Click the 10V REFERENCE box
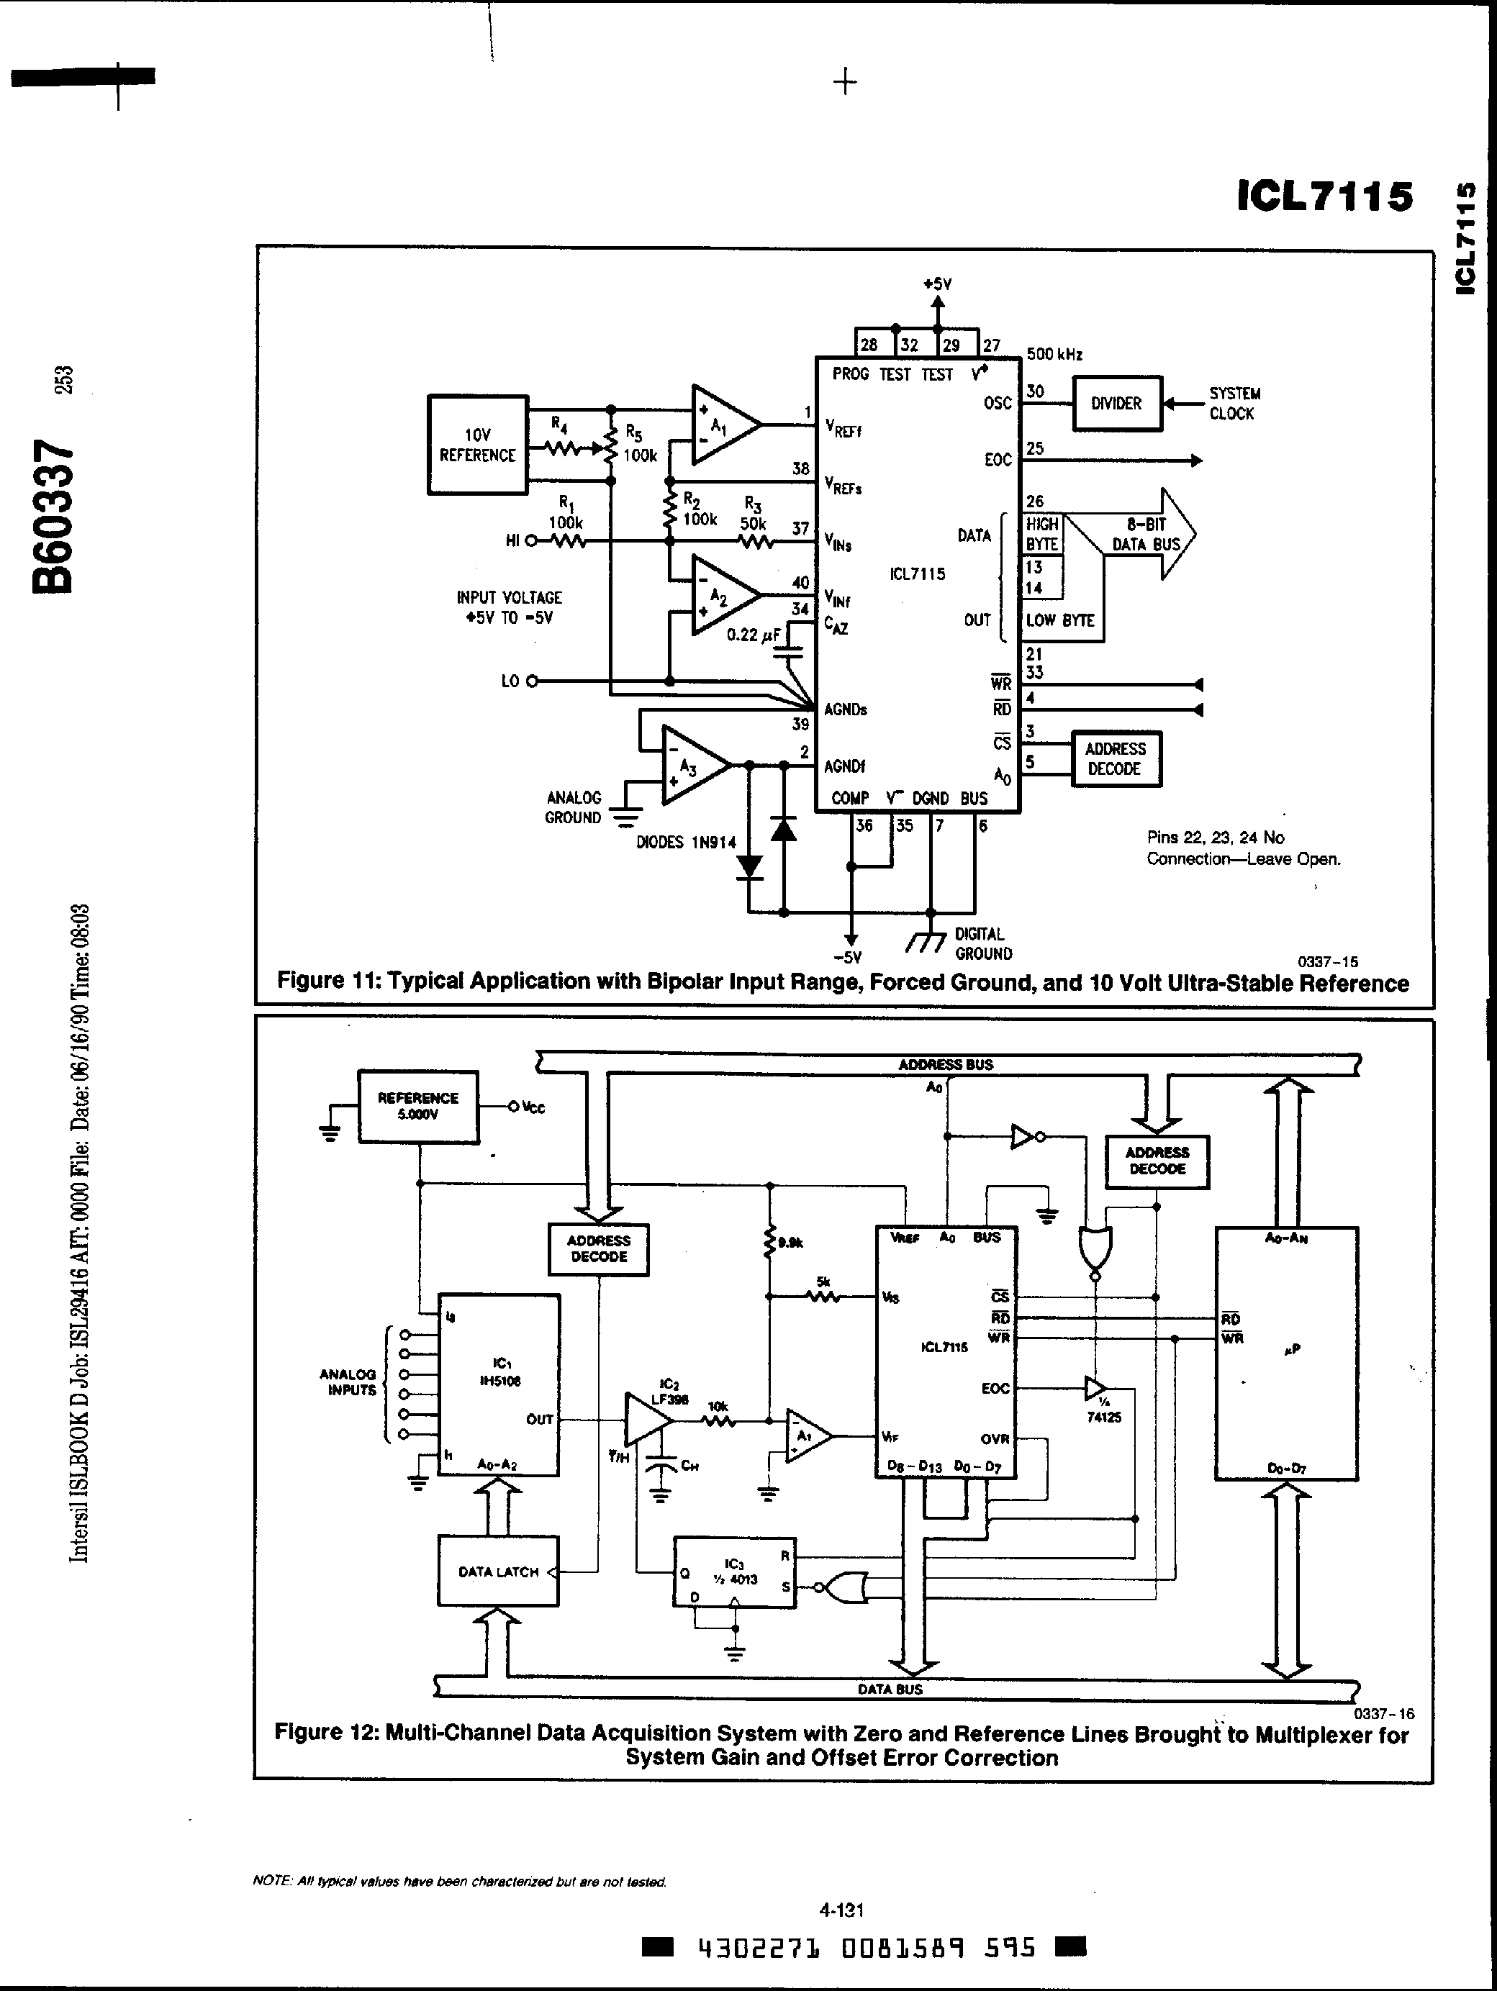tap(477, 445)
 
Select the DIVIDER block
tap(1116, 403)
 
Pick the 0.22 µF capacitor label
tap(754, 635)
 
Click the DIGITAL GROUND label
tap(983, 943)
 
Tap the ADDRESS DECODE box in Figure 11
tap(1116, 759)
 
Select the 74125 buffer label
tap(1103, 1417)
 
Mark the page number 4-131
tap(841, 1910)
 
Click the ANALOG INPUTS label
tap(348, 1382)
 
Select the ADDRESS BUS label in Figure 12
tap(945, 1064)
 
